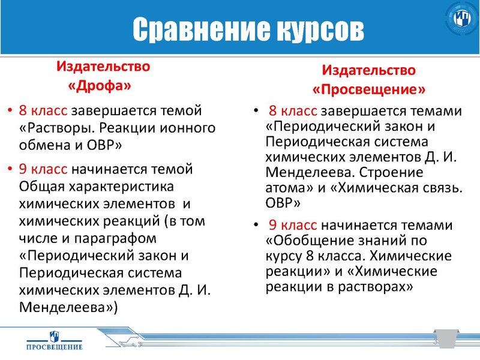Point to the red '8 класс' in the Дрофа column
click(x=44, y=112)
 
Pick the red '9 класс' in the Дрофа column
click(x=44, y=167)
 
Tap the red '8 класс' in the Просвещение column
click(x=293, y=112)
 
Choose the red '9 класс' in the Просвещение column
click(x=293, y=226)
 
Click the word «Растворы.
click(x=58, y=128)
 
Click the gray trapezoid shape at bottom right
click(x=448, y=338)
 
